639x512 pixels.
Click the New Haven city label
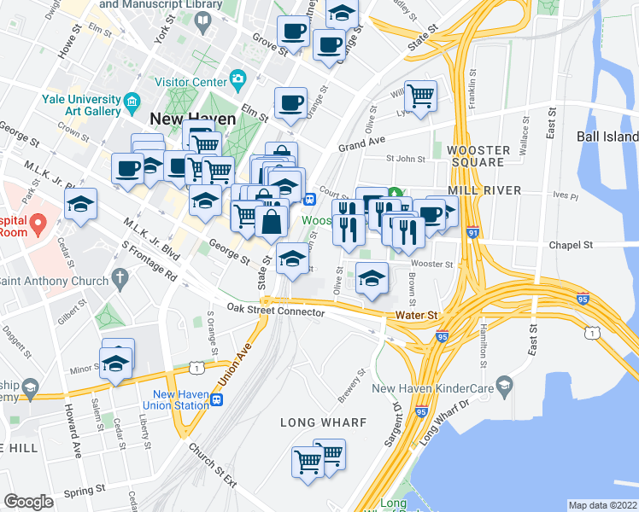coord(187,118)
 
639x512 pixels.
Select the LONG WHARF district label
coord(323,422)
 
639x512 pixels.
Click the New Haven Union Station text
coord(180,399)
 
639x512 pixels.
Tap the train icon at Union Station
coord(219,399)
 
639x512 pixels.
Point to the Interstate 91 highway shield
coord(472,231)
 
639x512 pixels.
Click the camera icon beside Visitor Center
coord(238,82)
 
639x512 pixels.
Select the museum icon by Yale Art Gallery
coord(132,105)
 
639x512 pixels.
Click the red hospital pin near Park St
coord(37,224)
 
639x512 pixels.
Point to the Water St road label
coord(416,315)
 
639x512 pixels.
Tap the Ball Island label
coord(607,137)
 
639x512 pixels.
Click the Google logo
coord(29,502)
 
